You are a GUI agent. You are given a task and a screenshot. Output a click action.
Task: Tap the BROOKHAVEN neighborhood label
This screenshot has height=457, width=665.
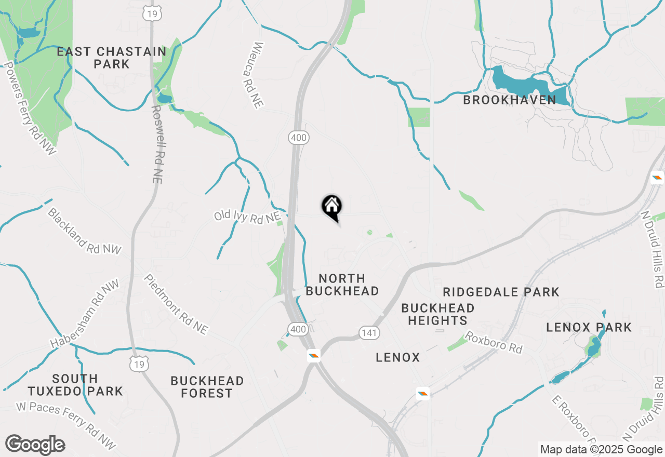(x=509, y=100)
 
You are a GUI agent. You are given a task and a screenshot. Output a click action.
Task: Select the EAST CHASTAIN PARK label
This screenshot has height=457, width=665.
(x=112, y=58)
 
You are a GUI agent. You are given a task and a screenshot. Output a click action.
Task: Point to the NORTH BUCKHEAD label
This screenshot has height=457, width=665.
(x=342, y=285)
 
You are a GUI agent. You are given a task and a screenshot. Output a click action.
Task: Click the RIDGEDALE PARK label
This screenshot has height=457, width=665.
(x=501, y=292)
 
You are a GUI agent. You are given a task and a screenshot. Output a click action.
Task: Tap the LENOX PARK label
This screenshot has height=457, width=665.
(x=589, y=327)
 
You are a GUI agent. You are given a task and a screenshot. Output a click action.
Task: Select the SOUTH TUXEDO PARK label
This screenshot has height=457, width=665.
(x=75, y=385)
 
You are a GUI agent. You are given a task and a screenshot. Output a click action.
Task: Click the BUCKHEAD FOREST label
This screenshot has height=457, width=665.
(x=207, y=387)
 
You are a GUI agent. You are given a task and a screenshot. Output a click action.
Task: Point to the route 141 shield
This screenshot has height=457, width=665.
(x=369, y=333)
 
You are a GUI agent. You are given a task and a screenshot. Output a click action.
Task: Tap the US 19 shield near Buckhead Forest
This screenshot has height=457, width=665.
(x=140, y=365)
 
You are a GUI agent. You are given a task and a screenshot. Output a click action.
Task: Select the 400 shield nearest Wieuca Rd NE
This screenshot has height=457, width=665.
(x=299, y=138)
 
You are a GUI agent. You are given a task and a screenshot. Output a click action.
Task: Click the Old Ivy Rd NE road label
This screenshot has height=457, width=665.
(x=247, y=217)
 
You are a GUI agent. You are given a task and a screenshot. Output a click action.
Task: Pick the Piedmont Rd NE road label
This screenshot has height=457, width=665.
(x=176, y=304)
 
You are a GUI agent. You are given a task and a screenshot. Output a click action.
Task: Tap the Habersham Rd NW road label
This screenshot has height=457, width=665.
(x=85, y=315)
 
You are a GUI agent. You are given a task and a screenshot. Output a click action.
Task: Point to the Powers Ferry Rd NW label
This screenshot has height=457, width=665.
(x=30, y=109)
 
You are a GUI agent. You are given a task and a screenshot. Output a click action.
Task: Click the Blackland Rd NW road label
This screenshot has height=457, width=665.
(x=84, y=232)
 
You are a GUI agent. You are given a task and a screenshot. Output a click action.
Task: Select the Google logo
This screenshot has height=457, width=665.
(x=35, y=445)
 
